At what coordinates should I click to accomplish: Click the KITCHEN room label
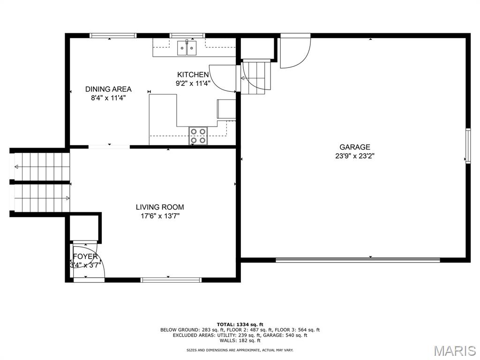[193, 75]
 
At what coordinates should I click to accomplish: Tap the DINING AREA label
[108, 89]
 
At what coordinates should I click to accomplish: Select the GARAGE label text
[355, 147]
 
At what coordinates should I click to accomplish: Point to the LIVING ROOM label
[160, 207]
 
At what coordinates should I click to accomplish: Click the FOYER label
[85, 257]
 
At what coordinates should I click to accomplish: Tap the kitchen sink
[187, 48]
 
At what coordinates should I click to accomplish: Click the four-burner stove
[198, 135]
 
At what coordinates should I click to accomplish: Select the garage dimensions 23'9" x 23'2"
[355, 156]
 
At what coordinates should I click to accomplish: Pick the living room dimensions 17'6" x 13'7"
[160, 216]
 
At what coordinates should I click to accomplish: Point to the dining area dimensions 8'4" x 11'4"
[108, 98]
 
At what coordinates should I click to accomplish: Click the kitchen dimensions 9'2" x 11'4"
[193, 83]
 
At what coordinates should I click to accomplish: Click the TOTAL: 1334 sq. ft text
[240, 324]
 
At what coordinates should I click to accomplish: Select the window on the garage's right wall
[467, 146]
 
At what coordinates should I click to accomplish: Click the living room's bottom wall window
[171, 280]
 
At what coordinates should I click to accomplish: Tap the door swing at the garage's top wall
[294, 51]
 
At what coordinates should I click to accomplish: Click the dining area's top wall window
[113, 35]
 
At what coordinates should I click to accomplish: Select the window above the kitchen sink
[187, 35]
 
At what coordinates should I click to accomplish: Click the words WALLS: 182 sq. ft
[240, 340]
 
